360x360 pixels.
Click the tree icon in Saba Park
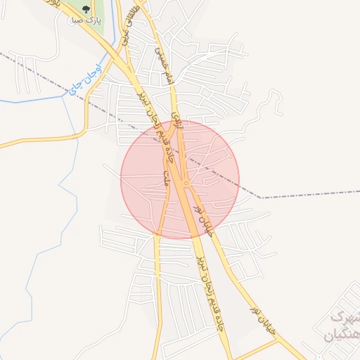[x=86, y=10]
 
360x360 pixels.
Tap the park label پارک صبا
[x=86, y=21]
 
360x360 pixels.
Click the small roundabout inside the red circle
[x=186, y=184]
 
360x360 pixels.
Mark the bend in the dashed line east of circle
[x=261, y=198]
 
